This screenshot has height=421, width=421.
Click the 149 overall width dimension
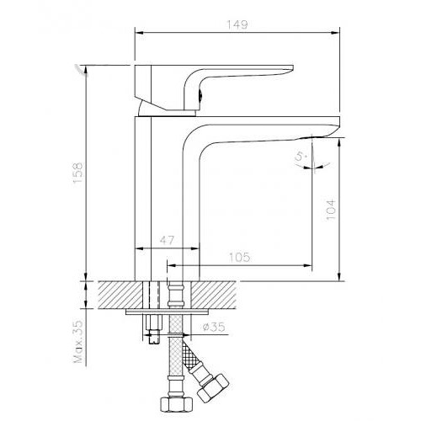click(x=237, y=24)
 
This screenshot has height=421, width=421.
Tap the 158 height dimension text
click(x=77, y=173)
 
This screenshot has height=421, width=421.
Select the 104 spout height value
click(x=331, y=210)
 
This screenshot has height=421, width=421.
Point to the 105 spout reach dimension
click(x=239, y=257)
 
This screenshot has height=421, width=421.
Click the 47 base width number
click(x=167, y=240)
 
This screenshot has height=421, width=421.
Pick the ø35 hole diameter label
click(x=214, y=327)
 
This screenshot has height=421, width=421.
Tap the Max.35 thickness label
click(x=78, y=341)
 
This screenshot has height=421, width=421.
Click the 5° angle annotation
click(x=301, y=157)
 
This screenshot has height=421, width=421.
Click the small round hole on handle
click(x=200, y=96)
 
